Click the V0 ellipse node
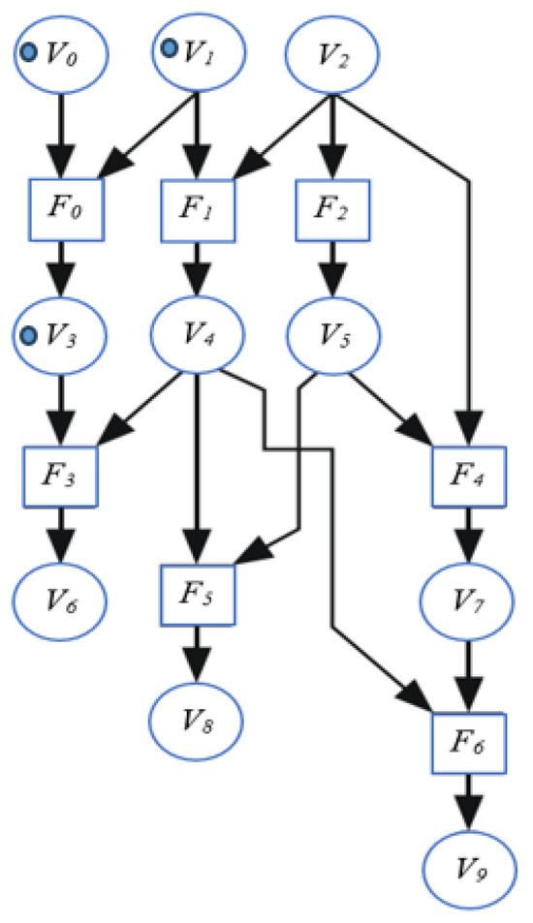point(60,54)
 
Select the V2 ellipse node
point(331,54)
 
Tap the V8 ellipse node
point(198,722)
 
